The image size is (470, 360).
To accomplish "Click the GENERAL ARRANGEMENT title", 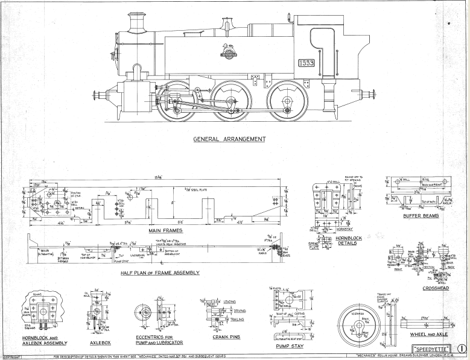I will [229, 139].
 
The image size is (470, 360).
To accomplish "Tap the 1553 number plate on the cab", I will [306, 63].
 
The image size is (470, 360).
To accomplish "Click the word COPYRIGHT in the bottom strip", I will [11, 357].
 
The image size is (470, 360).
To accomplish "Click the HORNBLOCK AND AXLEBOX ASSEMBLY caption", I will [39, 341].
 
